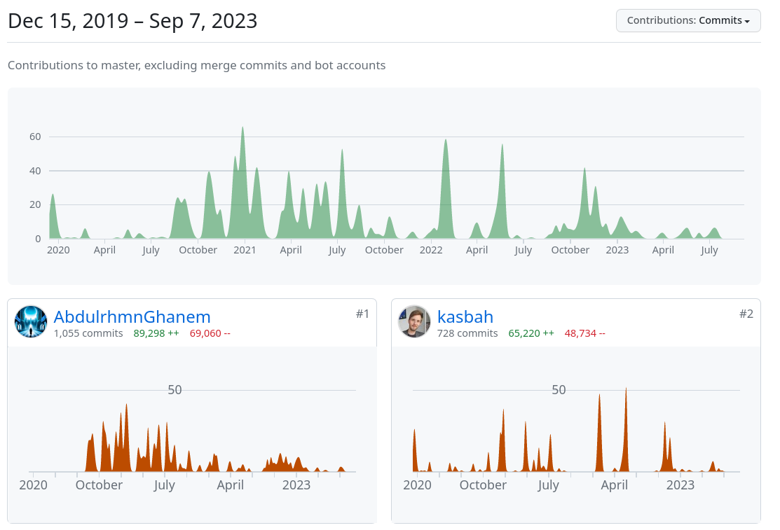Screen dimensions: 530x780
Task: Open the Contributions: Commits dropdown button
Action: [x=687, y=20]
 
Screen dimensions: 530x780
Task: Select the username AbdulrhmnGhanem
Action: [x=132, y=316]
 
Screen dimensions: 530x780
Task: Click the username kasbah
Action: [x=465, y=316]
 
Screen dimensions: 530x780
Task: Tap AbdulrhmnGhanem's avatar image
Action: [x=31, y=321]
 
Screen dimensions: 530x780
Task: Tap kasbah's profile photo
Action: [x=414, y=321]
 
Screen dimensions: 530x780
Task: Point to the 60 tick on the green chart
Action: [x=35, y=137]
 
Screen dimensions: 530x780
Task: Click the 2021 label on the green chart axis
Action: [x=245, y=250]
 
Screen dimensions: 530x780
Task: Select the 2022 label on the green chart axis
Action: [x=431, y=250]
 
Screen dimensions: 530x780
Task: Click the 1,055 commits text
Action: [x=88, y=333]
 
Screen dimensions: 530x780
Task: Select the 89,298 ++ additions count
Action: [x=156, y=333]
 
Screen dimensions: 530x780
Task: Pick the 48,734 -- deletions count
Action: [x=584, y=333]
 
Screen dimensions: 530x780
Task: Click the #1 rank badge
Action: [x=362, y=314]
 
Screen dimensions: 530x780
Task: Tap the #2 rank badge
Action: [x=746, y=314]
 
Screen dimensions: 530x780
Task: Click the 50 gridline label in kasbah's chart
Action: [x=559, y=390]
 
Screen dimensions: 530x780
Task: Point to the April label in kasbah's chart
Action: [x=615, y=484]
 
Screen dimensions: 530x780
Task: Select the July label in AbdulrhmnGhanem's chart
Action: [x=165, y=484]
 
